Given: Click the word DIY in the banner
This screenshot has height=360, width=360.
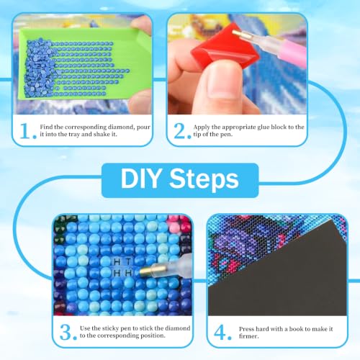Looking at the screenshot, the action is coord(140,179).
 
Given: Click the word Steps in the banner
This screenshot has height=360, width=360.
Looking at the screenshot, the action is coord(204,180).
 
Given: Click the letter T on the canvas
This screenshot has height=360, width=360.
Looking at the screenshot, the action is coord(129,261).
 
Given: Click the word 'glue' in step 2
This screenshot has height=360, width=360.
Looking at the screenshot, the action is coord(264,127).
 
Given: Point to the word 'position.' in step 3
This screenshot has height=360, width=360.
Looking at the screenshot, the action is coord(153,336).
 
